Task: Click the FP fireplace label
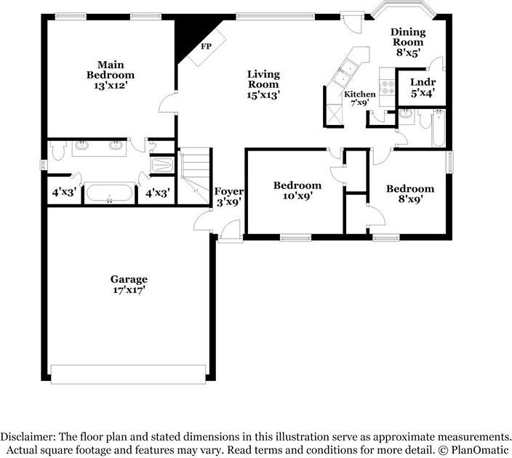(x=206, y=47)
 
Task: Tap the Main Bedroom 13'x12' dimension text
(x=111, y=86)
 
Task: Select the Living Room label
(x=263, y=79)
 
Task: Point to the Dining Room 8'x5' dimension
(x=408, y=52)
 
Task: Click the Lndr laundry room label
(x=423, y=82)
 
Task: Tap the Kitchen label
(x=360, y=95)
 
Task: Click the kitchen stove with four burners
(x=388, y=87)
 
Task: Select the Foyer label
(x=229, y=192)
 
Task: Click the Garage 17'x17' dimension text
(x=129, y=290)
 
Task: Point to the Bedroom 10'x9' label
(x=297, y=185)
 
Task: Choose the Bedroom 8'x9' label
(x=410, y=189)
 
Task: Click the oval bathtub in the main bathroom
(x=109, y=193)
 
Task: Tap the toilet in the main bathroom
(x=58, y=150)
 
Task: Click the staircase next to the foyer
(x=195, y=175)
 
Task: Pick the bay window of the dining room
(x=404, y=8)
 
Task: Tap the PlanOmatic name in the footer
(x=480, y=451)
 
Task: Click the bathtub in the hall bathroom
(x=439, y=129)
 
